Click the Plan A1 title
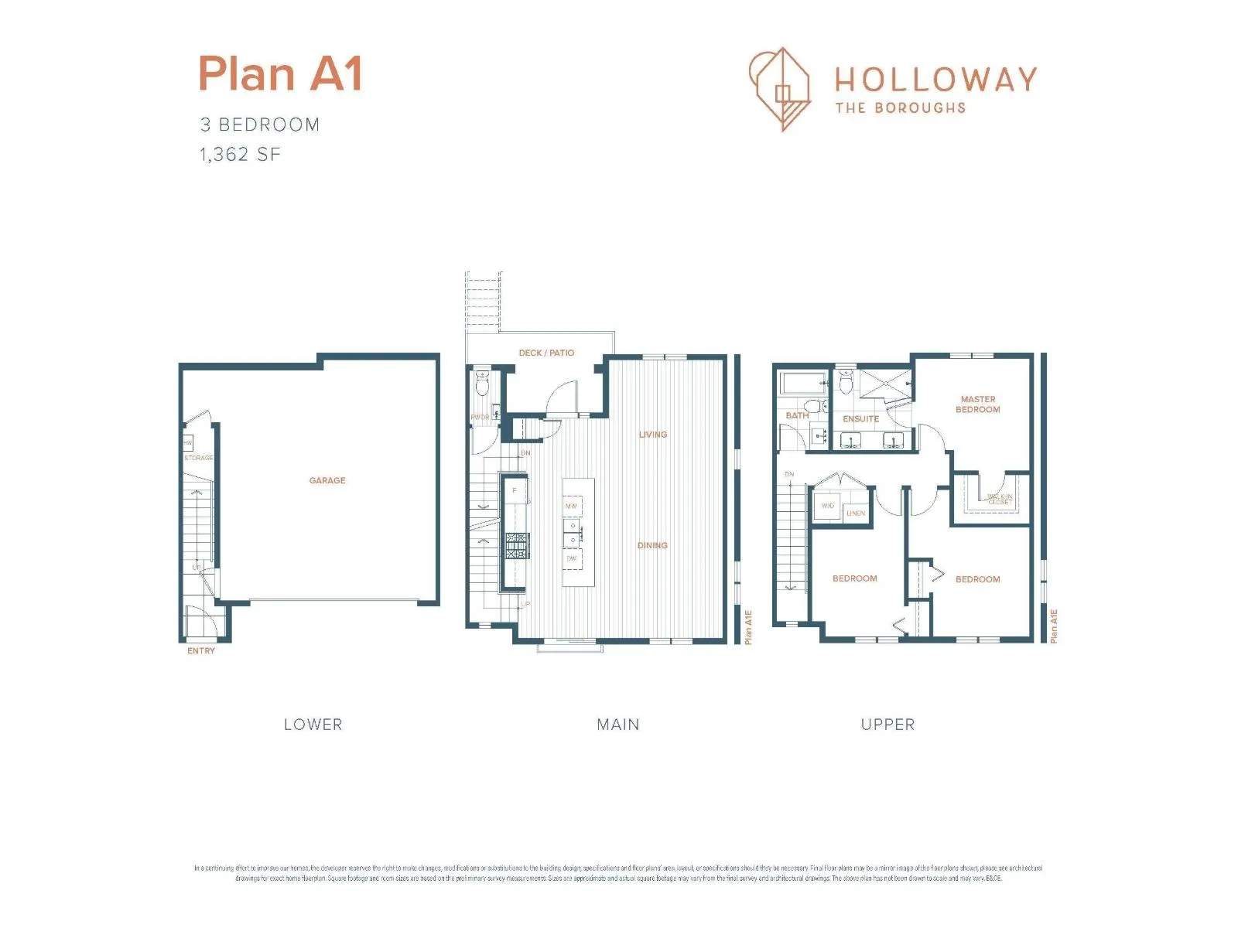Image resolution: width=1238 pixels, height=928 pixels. coord(280,74)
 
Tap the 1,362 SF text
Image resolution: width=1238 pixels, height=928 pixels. coord(240,155)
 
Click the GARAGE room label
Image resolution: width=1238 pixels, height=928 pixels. coord(327,480)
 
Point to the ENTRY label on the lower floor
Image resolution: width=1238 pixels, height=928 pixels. coord(201,651)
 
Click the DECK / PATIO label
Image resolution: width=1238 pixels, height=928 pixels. coord(546,353)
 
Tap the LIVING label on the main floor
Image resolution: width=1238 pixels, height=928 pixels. coord(652,435)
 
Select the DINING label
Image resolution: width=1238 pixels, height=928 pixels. coord(652,545)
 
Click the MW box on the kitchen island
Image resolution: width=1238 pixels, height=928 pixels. coord(572,506)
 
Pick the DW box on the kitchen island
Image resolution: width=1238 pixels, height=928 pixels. coord(572,558)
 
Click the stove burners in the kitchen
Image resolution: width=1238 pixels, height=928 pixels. coord(516,545)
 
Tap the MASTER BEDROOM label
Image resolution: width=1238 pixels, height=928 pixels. coord(977,404)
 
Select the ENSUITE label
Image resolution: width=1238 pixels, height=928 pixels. coord(860,419)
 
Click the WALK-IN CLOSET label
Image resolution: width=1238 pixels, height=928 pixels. coord(999,500)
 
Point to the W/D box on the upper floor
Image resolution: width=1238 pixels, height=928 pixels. coord(828,506)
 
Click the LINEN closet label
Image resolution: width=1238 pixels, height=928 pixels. coord(856,513)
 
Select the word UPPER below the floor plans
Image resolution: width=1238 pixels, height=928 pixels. coord(887,725)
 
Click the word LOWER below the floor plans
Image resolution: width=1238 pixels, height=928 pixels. coord(313,725)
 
